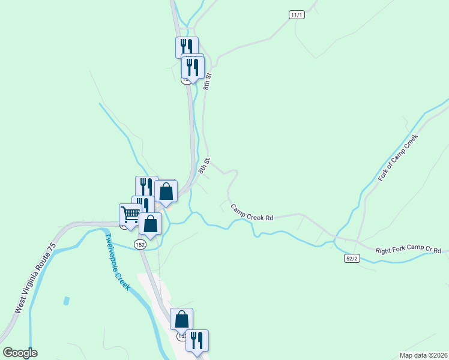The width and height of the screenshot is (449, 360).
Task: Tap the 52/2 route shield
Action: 352,258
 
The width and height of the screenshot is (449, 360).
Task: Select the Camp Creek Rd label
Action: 252,212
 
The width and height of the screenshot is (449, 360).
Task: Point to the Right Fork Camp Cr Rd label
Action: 409,250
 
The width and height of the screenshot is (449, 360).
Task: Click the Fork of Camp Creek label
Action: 397,158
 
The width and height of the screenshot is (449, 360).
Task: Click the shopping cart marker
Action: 130,214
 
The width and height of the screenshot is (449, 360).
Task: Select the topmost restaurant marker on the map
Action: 187,47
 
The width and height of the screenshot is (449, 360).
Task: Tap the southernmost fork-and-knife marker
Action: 197,340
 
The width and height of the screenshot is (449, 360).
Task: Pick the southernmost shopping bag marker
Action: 181,319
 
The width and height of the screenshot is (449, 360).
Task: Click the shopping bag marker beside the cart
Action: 150,224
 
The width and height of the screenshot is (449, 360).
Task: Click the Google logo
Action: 20,353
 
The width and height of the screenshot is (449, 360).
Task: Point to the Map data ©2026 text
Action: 423,355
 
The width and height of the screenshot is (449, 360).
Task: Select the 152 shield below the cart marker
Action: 140,244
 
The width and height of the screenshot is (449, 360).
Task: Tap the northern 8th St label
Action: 208,82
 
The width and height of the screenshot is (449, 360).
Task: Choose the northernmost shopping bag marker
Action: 166,191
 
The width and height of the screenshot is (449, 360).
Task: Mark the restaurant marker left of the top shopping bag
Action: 146,187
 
